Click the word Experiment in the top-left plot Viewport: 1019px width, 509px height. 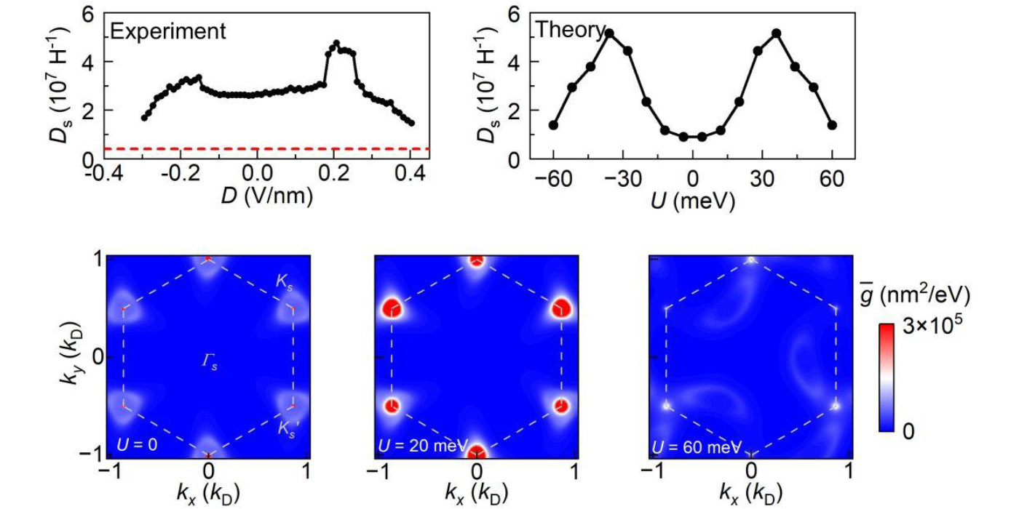(x=168, y=32)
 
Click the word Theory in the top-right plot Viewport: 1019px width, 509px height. (x=571, y=30)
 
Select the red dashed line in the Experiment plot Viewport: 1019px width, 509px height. (x=267, y=148)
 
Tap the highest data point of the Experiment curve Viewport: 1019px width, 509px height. (x=336, y=43)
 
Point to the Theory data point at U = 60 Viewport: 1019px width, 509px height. (x=832, y=125)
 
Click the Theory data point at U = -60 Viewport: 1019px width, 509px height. (x=553, y=125)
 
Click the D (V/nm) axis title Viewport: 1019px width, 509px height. (x=267, y=196)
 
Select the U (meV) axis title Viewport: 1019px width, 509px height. (x=693, y=201)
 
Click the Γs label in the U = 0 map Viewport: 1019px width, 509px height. (x=210, y=362)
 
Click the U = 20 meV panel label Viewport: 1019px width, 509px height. (x=423, y=446)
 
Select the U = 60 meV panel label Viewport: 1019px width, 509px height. (x=697, y=447)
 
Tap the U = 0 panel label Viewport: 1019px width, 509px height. (x=138, y=444)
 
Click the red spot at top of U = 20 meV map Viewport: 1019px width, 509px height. (x=476, y=260)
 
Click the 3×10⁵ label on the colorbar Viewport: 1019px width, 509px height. (x=932, y=326)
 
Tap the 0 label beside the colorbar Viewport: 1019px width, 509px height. (x=908, y=431)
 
